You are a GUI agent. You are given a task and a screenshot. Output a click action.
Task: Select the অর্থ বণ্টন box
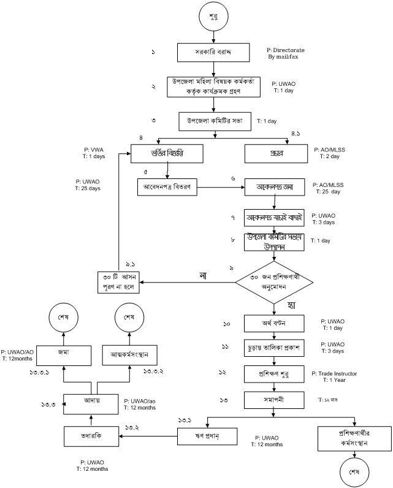pyautogui.click(x=275, y=323)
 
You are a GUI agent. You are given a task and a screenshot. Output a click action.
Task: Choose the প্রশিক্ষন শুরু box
pyautogui.click(x=275, y=373)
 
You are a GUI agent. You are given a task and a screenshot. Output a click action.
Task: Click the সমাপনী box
pyautogui.click(x=275, y=399)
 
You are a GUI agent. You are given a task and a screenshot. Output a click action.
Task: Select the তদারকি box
pyautogui.click(x=91, y=437)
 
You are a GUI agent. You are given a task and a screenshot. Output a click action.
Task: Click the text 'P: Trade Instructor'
pyautogui.click(x=340, y=373)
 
